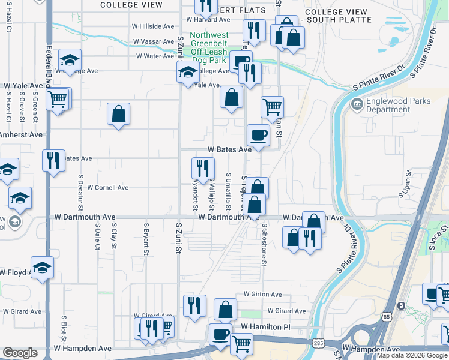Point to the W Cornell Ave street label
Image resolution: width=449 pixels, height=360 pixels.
pyautogui.click(x=108, y=188)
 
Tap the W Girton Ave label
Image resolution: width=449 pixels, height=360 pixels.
pyautogui.click(x=262, y=295)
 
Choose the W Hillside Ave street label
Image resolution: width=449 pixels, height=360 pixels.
pyautogui.click(x=153, y=27)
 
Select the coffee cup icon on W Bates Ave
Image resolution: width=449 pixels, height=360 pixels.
pyautogui.click(x=259, y=134)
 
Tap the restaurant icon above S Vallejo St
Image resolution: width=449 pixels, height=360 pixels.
pyautogui.click(x=203, y=168)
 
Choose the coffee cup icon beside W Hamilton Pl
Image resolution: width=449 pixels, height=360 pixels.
pyautogui.click(x=220, y=334)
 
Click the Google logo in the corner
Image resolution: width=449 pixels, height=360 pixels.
pyautogui.click(x=20, y=353)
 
